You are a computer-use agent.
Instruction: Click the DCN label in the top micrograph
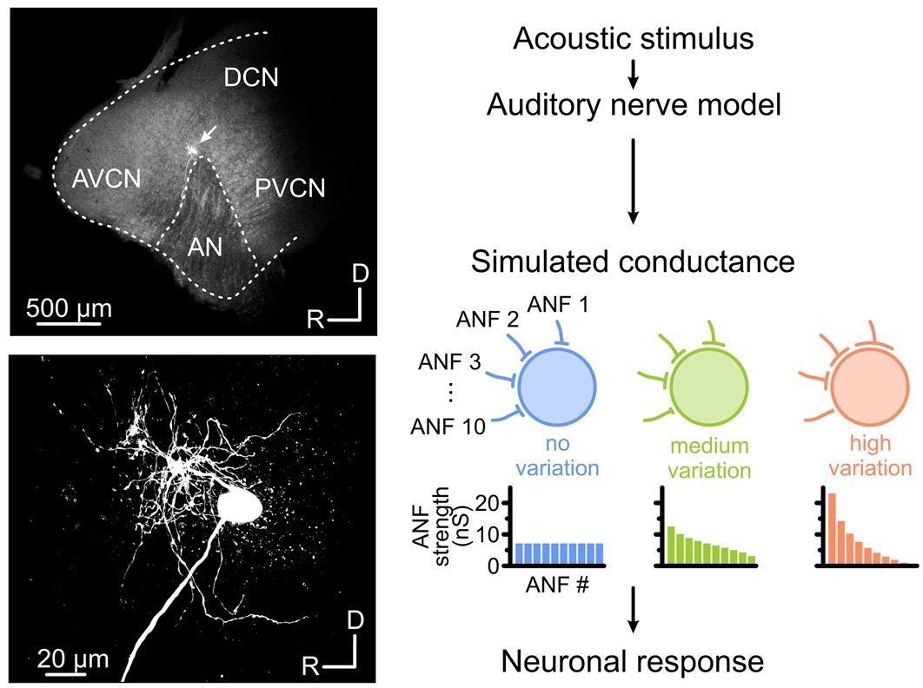(250, 78)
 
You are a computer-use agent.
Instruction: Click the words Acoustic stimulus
(632, 38)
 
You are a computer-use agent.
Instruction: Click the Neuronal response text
(632, 662)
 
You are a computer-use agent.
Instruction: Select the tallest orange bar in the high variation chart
(832, 529)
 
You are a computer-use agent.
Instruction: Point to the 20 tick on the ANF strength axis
(489, 502)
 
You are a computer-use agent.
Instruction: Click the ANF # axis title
(556, 584)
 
